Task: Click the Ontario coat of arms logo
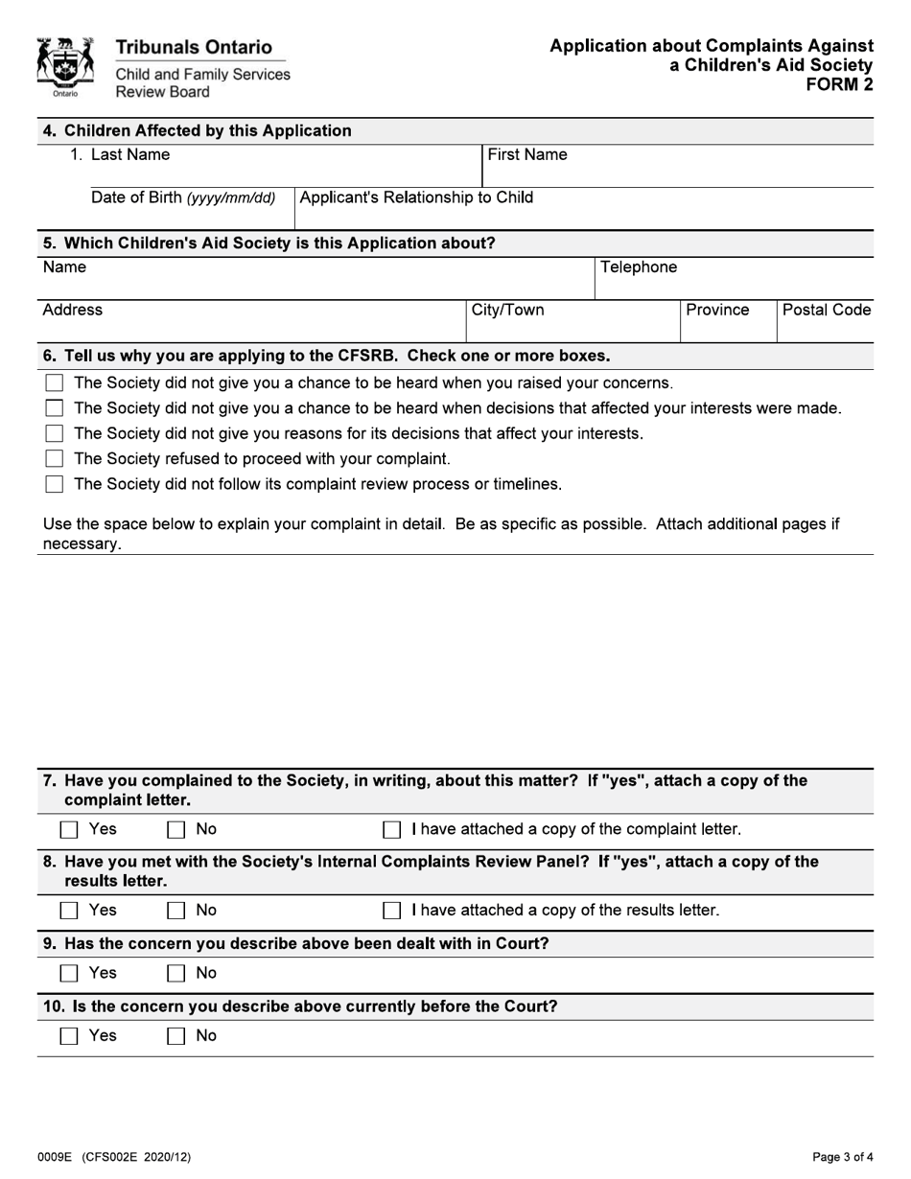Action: (x=64, y=67)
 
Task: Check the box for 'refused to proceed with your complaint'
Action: (x=55, y=459)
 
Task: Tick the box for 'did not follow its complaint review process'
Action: (x=55, y=484)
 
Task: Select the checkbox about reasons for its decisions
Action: (x=55, y=434)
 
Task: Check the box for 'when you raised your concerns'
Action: (x=55, y=383)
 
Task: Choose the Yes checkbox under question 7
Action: (x=69, y=829)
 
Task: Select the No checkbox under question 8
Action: (x=176, y=911)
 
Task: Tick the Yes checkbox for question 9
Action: (x=69, y=974)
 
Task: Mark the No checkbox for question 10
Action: (x=176, y=1036)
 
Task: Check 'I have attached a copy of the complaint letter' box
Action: (x=391, y=829)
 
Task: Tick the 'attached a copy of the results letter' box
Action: (x=391, y=911)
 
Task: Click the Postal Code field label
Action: (x=827, y=311)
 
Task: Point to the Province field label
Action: (x=717, y=311)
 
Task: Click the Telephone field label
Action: (x=639, y=267)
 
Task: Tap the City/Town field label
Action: (x=507, y=311)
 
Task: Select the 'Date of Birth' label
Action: (x=183, y=198)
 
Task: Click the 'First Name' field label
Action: (x=527, y=155)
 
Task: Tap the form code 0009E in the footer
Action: (x=57, y=1157)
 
